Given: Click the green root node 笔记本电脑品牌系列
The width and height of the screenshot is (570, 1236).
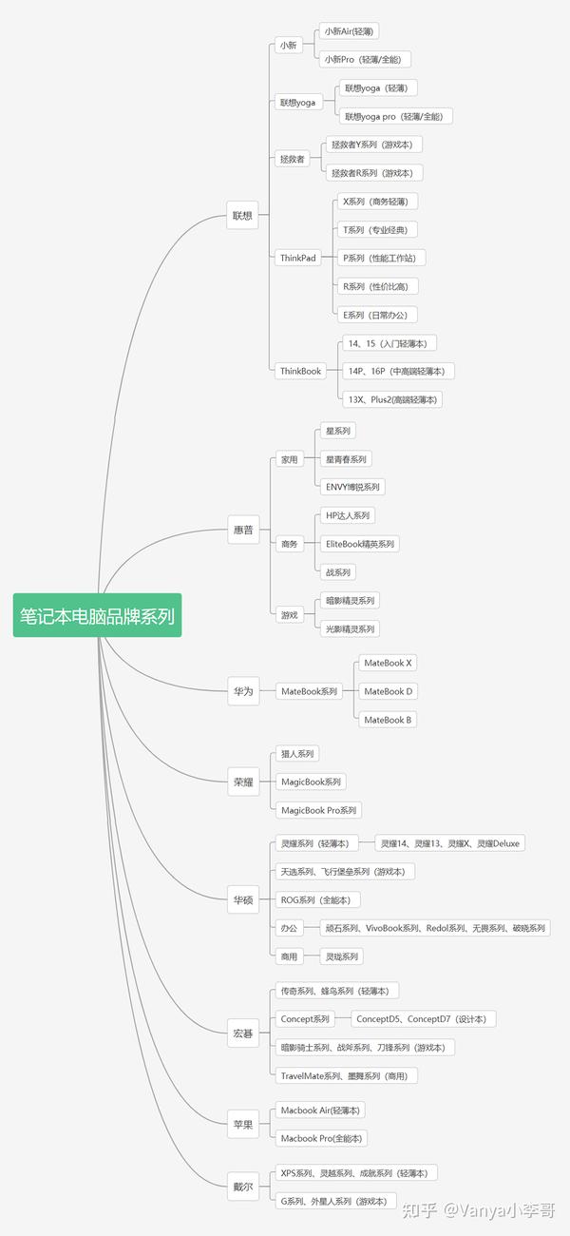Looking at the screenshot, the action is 98,615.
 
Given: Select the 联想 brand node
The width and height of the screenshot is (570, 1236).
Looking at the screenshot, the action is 242,215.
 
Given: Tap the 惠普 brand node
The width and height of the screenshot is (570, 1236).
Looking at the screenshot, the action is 243,530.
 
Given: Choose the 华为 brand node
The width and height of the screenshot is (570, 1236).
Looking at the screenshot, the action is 243,691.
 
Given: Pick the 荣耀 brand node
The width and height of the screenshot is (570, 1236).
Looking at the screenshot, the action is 243,782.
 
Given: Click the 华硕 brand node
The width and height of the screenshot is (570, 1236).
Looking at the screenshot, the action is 243,900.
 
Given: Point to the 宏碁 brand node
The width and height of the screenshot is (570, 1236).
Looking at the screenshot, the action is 243,1033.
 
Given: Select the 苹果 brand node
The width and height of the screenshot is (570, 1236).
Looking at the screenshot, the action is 243,1124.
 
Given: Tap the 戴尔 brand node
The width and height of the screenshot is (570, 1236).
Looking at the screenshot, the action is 243,1187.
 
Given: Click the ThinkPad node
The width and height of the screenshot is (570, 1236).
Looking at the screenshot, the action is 298,258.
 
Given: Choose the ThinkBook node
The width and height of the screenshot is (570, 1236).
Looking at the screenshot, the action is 300,371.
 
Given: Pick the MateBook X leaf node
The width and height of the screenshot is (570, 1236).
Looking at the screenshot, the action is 388,663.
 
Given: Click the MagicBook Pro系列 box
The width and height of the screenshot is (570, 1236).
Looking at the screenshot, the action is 318,810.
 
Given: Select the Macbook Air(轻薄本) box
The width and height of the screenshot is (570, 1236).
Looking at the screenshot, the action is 320,1110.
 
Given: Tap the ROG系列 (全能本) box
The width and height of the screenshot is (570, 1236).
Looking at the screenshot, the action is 317,900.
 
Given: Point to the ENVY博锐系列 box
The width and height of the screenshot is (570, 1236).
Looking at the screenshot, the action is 352,487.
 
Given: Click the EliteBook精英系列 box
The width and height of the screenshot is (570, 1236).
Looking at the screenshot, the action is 360,544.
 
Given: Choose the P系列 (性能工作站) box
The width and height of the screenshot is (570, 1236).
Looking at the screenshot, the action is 381,258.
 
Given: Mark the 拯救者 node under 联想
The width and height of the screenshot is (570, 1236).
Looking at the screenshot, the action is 293,159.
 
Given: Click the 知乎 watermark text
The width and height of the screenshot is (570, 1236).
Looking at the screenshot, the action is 419,1211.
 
